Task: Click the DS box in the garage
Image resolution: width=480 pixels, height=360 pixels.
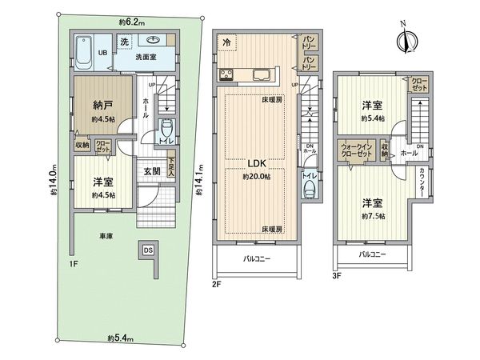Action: (x=148, y=249)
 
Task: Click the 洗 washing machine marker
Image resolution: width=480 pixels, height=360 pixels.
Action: (x=124, y=41)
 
